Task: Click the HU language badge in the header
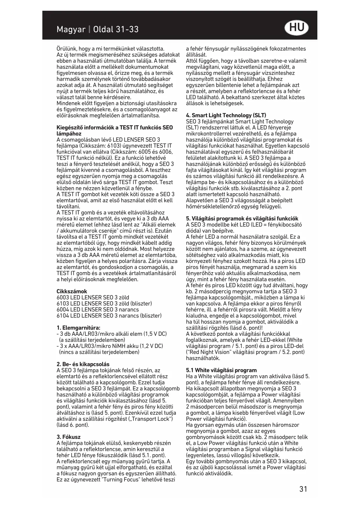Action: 297,28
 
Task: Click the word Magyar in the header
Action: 71,29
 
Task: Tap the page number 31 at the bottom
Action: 303,489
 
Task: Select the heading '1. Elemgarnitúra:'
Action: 78,328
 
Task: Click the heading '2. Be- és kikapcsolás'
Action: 83,364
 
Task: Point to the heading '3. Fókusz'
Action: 68,437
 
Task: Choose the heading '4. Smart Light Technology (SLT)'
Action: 226,115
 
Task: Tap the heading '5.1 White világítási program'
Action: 221,370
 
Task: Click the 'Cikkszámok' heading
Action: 72,291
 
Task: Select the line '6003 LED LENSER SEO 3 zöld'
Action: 93,297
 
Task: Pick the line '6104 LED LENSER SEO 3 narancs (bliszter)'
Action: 109,315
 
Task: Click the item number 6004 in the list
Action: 63,309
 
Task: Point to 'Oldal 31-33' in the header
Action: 116,29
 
